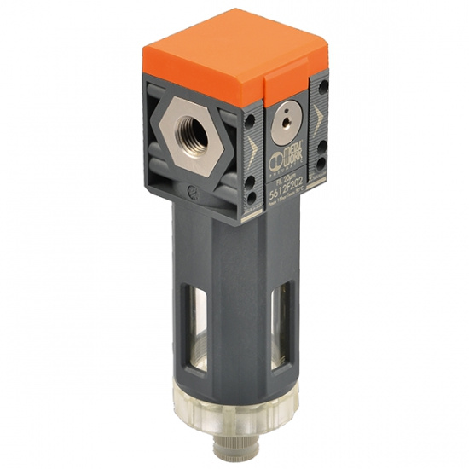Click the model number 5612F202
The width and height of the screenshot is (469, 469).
click(x=287, y=190)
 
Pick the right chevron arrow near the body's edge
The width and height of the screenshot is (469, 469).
click(x=318, y=116)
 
